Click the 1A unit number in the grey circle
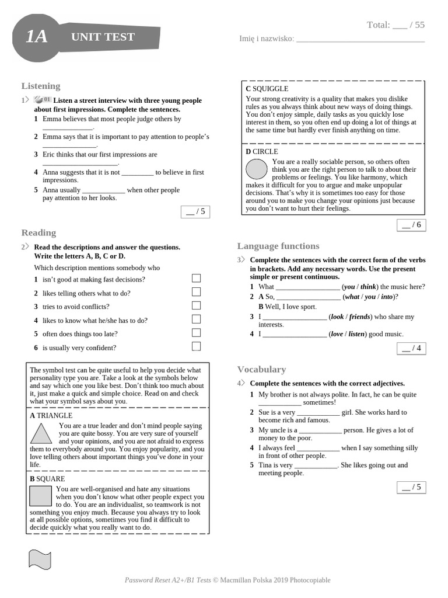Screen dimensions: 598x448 [x=36, y=37]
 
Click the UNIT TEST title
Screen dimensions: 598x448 [x=103, y=37]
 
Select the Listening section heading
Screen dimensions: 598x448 [x=41, y=86]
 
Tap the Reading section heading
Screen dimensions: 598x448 [x=38, y=232]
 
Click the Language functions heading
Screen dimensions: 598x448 [x=278, y=246]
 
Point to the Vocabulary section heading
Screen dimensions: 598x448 [x=261, y=369]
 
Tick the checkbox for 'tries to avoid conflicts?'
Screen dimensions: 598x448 [x=196, y=305]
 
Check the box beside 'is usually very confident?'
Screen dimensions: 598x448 [x=196, y=346]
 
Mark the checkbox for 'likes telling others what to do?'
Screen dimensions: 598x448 [x=196, y=292]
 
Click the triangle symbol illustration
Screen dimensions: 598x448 [x=41, y=435]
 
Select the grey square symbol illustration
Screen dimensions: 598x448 [x=40, y=495]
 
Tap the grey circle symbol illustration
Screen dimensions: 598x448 [x=257, y=169]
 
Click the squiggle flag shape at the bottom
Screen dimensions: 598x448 [x=40, y=558]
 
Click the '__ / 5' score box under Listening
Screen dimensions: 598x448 [x=195, y=212]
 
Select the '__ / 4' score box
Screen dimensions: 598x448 [x=411, y=349]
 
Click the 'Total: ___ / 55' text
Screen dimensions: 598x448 [x=395, y=25]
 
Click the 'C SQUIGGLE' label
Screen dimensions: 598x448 [x=267, y=89]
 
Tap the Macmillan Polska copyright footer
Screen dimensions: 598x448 [x=228, y=580]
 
